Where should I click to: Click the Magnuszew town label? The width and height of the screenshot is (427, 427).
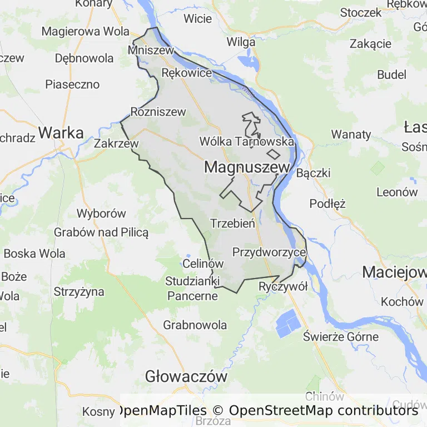[x=247, y=167]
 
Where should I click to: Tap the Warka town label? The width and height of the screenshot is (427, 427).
[x=61, y=133]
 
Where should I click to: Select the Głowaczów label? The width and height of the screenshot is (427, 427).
[x=186, y=376]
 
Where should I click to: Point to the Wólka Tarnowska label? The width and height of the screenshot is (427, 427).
[x=246, y=141]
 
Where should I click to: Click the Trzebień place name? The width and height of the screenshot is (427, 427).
[x=232, y=224]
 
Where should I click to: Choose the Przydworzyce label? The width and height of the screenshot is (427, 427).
[x=269, y=252]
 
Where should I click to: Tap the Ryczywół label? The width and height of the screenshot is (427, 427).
[x=283, y=287]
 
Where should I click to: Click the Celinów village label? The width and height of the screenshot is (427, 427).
[x=203, y=264]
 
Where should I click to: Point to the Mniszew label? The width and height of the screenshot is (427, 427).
[x=151, y=50]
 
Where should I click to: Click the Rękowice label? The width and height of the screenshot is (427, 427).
[x=186, y=73]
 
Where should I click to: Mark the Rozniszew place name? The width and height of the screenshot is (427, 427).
[x=158, y=112]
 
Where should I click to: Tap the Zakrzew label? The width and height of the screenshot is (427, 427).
[x=116, y=143]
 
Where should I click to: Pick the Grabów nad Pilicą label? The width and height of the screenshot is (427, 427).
[x=101, y=232]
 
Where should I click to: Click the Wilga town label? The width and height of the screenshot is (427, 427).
[x=241, y=42]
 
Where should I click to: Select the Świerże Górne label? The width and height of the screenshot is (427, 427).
[x=341, y=336]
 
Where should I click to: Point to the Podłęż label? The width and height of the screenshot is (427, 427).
[x=327, y=203]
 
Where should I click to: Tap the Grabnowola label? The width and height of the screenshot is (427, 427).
[x=195, y=325]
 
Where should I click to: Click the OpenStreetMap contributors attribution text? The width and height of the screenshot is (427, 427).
[x=323, y=411]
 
